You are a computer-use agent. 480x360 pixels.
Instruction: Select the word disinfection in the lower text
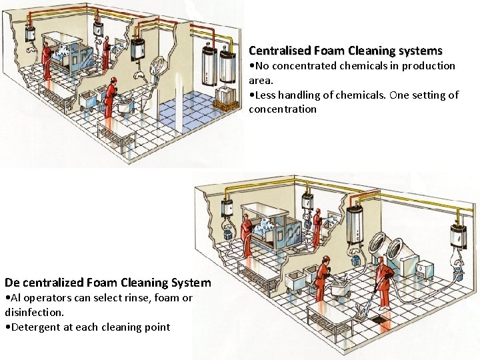point(33,312)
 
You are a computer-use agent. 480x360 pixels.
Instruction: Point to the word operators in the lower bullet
point(47,297)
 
